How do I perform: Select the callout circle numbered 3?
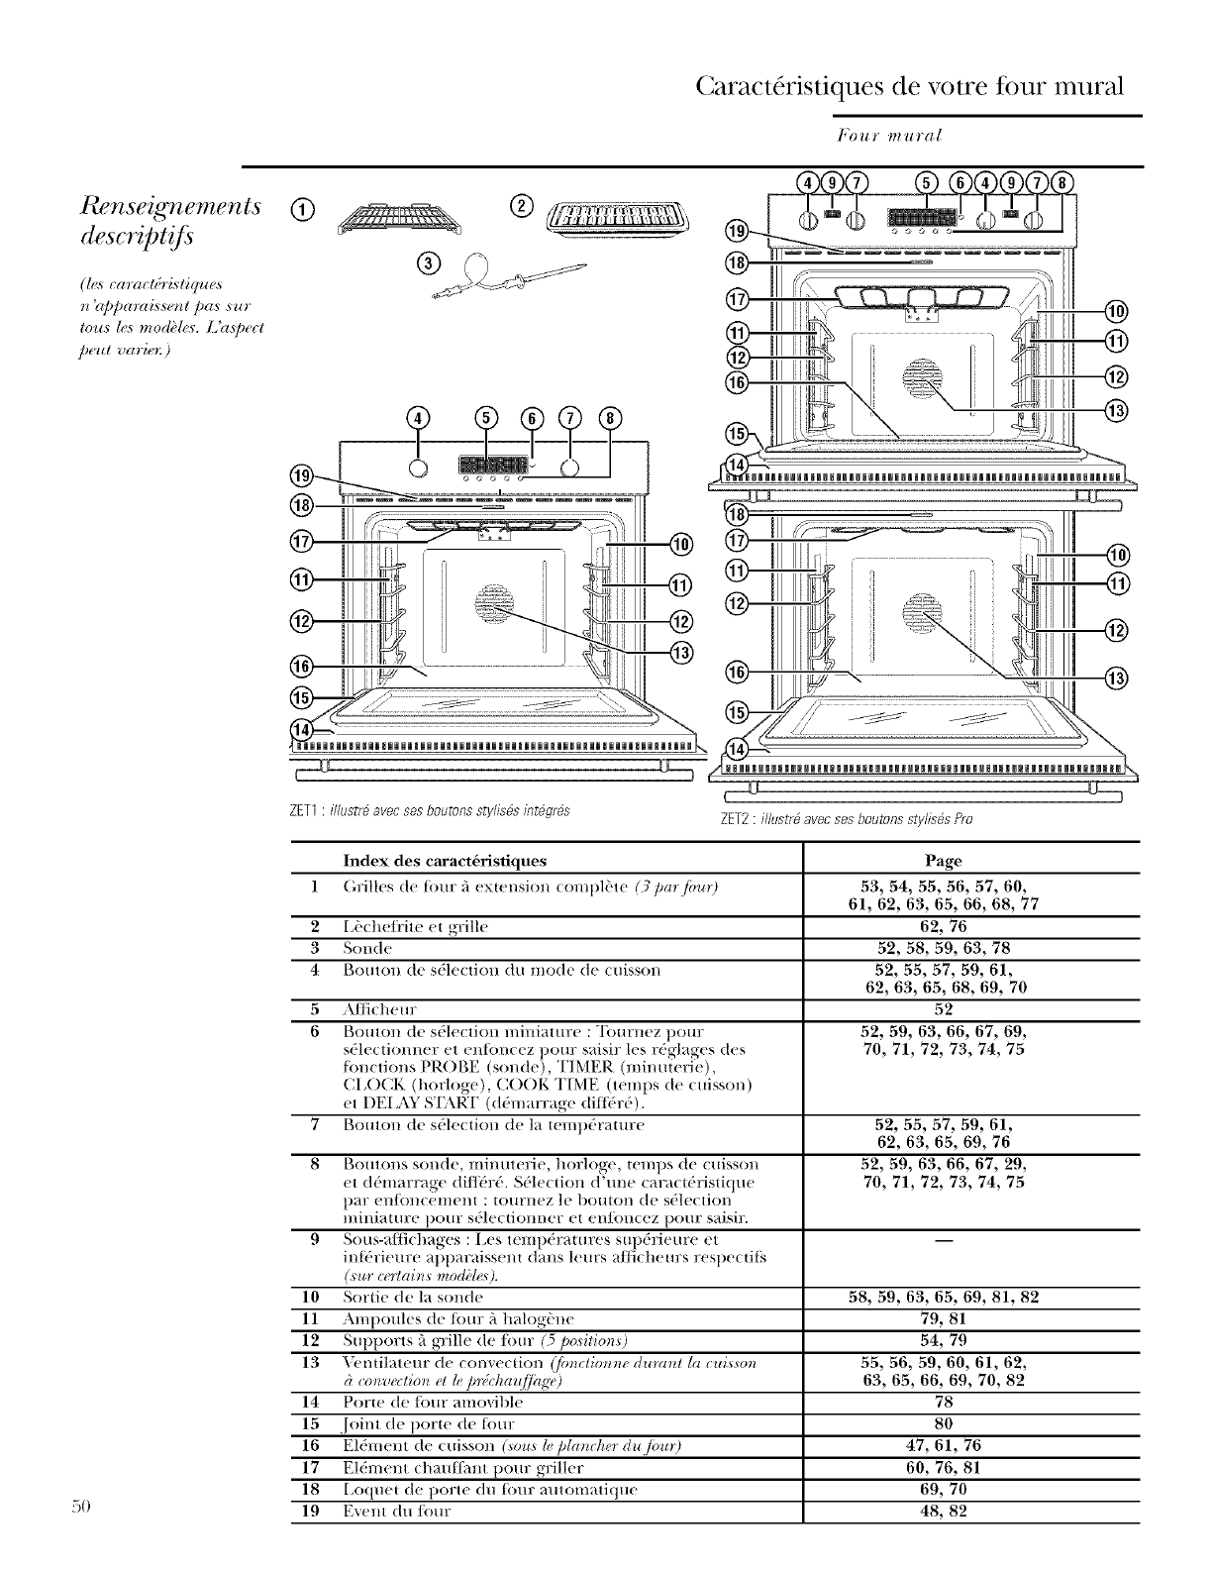tap(428, 262)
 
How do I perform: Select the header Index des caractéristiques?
tap(445, 861)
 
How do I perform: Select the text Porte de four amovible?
tap(422, 1402)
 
